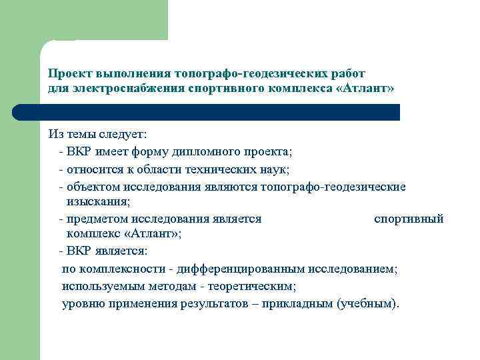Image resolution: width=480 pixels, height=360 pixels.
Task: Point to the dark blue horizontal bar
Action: (x=220, y=112)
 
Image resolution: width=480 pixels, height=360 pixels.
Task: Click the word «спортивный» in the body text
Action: (x=409, y=218)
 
